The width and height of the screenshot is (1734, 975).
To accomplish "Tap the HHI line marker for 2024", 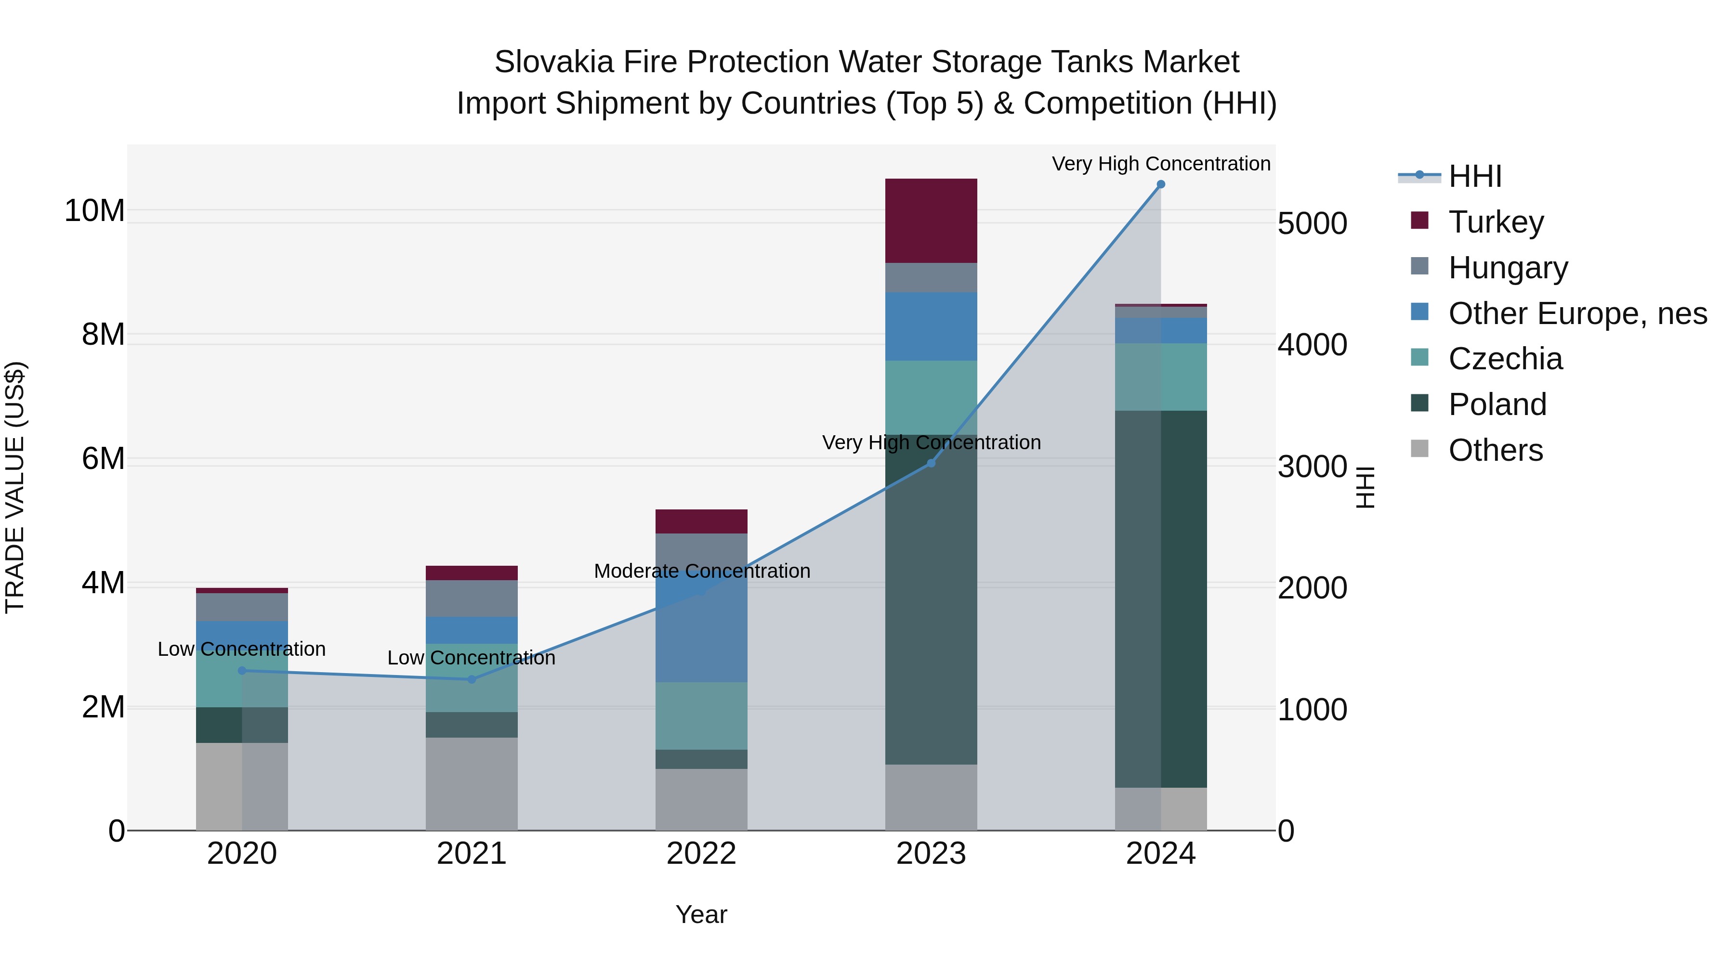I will click(1160, 184).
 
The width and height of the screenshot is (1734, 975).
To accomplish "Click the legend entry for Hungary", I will click(1508, 268).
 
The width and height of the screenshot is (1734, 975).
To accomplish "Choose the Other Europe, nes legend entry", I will click(1577, 313).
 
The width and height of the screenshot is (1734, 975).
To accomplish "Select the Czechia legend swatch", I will click(1419, 357).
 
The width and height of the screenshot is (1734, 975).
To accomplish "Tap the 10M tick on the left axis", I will click(94, 210).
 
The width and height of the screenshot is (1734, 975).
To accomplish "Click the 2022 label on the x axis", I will click(701, 854).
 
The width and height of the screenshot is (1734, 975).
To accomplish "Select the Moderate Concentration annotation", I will click(701, 571).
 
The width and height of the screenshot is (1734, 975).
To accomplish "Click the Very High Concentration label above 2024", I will click(1160, 164).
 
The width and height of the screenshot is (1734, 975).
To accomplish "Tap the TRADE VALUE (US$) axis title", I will click(15, 487).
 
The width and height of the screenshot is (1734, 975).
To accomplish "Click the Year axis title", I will click(701, 914).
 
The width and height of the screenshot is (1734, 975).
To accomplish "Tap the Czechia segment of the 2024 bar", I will click(1160, 377).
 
